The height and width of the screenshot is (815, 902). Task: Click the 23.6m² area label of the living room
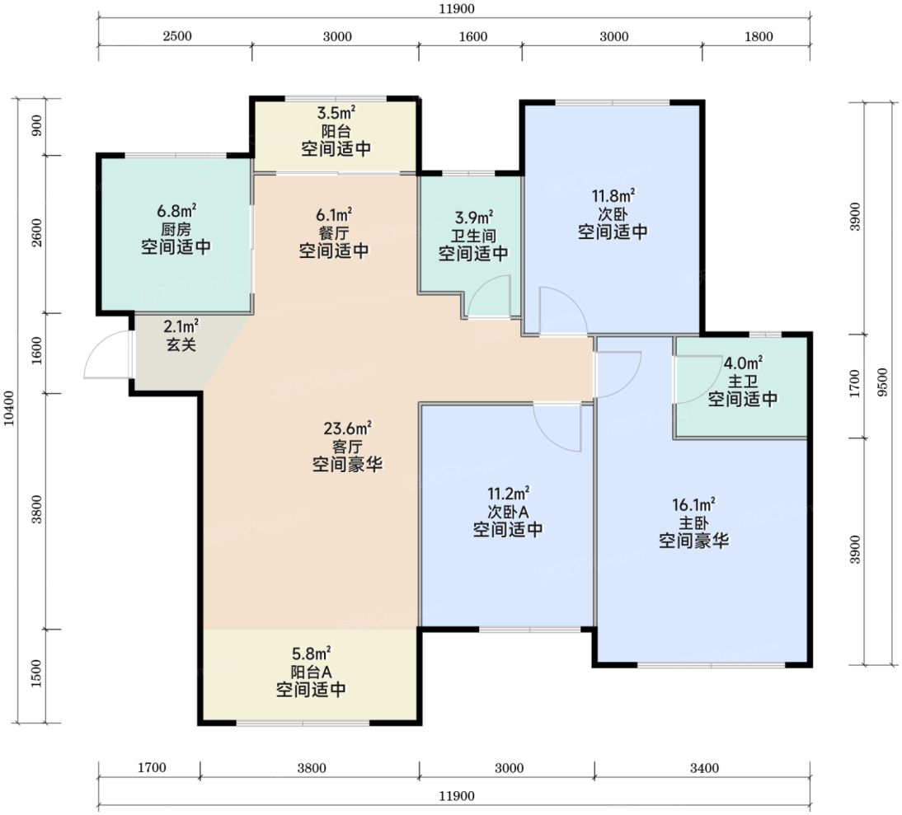click(x=347, y=429)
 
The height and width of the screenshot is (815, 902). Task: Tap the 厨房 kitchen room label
click(x=176, y=230)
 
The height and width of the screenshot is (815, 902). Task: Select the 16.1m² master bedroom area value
click(x=693, y=504)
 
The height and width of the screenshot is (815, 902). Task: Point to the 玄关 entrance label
click(x=181, y=344)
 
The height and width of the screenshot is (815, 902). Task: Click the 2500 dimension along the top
click(x=177, y=37)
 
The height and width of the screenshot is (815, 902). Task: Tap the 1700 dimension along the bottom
click(x=152, y=768)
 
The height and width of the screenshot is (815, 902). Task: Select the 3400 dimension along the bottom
click(x=704, y=768)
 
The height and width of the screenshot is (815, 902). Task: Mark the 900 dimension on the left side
click(x=37, y=125)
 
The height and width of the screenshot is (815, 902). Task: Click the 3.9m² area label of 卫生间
click(x=473, y=218)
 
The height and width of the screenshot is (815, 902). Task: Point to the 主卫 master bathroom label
click(x=743, y=381)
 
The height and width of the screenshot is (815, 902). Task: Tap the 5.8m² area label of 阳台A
click(x=311, y=653)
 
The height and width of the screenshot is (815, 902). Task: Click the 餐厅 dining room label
click(x=334, y=233)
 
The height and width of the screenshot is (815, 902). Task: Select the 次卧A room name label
click(x=508, y=512)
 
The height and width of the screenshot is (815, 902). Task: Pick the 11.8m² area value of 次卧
click(x=613, y=196)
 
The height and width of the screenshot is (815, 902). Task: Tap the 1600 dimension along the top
click(x=473, y=37)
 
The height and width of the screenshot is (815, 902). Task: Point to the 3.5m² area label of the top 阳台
click(x=336, y=113)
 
